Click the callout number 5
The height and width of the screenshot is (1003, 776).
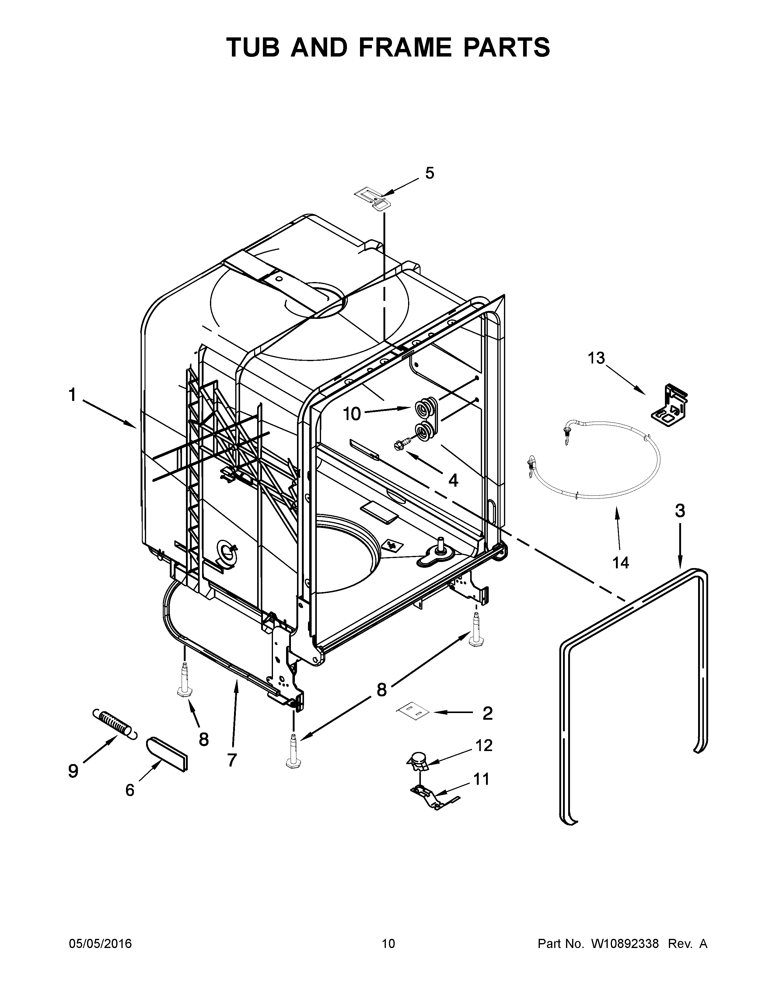pos(429,174)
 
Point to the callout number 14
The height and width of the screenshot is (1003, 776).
pos(620,563)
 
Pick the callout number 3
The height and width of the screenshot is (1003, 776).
pos(680,511)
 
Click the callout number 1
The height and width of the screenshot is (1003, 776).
pos(72,395)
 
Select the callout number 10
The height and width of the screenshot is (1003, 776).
pos(352,414)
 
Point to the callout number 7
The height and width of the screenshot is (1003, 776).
pos(232,760)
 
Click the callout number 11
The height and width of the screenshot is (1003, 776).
pos(481,779)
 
